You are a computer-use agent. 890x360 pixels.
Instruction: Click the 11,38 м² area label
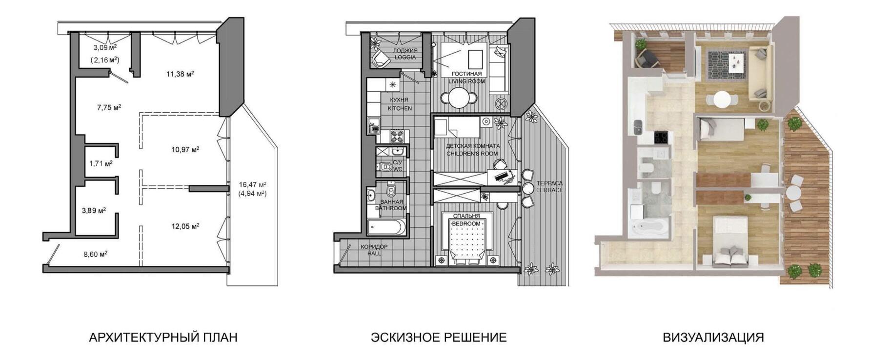180,74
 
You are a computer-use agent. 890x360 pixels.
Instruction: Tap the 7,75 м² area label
109,107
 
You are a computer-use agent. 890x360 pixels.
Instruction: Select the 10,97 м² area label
185,149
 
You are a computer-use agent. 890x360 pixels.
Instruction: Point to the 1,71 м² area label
101,163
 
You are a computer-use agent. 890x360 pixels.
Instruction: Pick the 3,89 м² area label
94,210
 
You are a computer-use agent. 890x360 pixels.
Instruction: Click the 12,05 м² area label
185,226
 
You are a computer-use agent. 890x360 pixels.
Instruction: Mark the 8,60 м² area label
96,254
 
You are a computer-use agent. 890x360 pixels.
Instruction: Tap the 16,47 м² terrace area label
252,185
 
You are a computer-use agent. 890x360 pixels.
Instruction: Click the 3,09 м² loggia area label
105,48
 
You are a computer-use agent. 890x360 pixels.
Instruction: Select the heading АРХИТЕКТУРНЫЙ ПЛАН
163,337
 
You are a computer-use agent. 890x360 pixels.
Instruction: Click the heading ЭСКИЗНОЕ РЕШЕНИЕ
439,337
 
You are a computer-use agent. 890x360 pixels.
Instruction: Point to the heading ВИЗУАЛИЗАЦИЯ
713,337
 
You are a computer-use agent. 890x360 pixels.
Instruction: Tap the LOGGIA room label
405,57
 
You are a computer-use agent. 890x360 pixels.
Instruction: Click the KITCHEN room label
400,108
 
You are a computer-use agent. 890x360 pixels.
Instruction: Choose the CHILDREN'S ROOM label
473,154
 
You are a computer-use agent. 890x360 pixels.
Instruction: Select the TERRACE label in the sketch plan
549,190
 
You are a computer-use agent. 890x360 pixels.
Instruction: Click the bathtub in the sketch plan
386,227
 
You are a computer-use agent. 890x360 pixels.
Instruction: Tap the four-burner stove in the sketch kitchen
397,135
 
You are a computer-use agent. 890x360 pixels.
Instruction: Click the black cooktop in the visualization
660,137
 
